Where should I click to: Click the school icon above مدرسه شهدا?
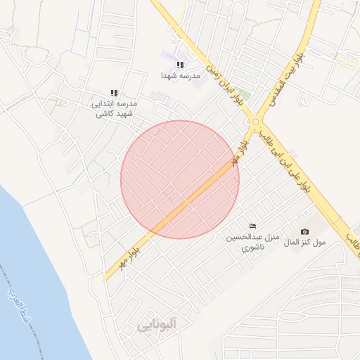tap(180, 65)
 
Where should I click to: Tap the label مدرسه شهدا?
tap(181, 75)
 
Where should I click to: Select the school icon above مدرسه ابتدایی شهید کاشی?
tap(114, 93)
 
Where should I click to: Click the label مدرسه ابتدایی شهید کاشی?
tap(115, 108)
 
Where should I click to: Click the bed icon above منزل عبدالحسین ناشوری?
tap(252, 225)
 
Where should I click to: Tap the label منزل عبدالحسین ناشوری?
tap(252, 242)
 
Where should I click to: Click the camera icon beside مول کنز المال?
tap(304, 231)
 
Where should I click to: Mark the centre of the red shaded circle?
tap(180, 179)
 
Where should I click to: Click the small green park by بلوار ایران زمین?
tap(243, 93)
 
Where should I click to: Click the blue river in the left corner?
tap(28, 267)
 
